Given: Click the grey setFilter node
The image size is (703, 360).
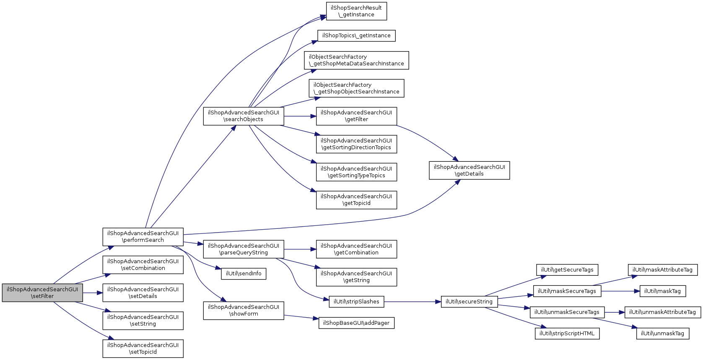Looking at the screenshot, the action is [42, 293].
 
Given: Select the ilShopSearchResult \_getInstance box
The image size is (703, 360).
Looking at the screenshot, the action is [356, 11].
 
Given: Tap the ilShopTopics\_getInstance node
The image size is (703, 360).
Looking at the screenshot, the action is [356, 36].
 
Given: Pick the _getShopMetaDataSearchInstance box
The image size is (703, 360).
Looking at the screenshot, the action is [356, 60].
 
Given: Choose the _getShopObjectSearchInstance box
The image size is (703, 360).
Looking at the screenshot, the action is [356, 88].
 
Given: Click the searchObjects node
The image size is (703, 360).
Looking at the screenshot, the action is [244, 116].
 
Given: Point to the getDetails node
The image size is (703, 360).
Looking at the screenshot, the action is [469, 171].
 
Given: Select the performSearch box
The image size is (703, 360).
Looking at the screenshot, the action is [143, 237].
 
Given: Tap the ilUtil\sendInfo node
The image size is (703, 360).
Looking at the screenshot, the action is [244, 274].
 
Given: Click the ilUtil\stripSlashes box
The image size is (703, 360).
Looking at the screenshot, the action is [356, 302].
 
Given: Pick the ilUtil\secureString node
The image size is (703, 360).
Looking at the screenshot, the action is [469, 302].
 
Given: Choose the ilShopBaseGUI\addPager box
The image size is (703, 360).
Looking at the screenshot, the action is [356, 323].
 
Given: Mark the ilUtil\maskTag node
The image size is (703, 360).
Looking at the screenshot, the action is [662, 291].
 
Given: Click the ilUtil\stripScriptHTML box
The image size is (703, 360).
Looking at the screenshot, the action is [567, 333].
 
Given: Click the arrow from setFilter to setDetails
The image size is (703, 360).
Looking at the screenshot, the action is [93, 293].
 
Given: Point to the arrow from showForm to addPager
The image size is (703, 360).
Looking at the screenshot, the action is [301, 317].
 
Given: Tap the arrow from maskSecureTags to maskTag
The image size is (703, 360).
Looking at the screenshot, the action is [620, 291].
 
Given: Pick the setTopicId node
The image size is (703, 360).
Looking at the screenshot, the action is [143, 348].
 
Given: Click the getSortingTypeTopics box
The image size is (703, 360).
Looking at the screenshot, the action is [356, 172].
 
